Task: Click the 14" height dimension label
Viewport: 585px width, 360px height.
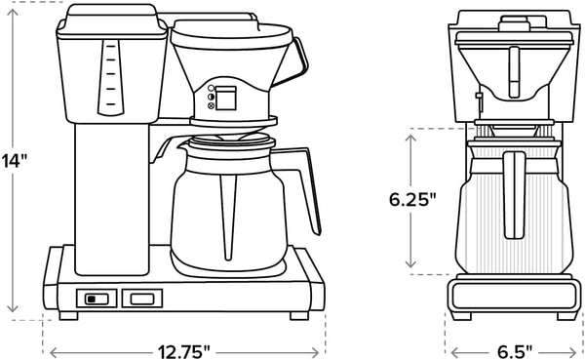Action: click(14, 160)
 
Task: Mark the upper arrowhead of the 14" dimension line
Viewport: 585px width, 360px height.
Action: click(13, 9)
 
